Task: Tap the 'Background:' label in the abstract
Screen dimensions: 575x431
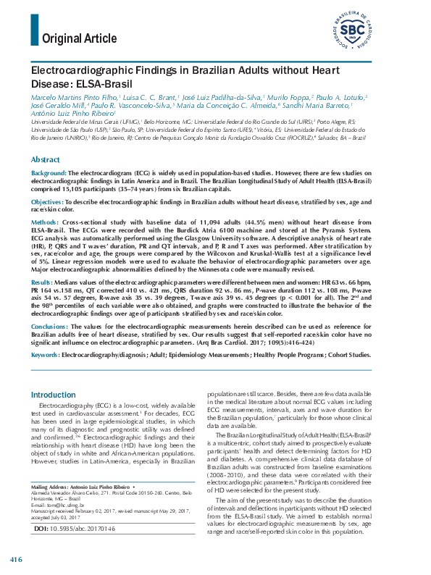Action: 49,174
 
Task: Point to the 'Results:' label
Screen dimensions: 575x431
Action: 42,281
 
